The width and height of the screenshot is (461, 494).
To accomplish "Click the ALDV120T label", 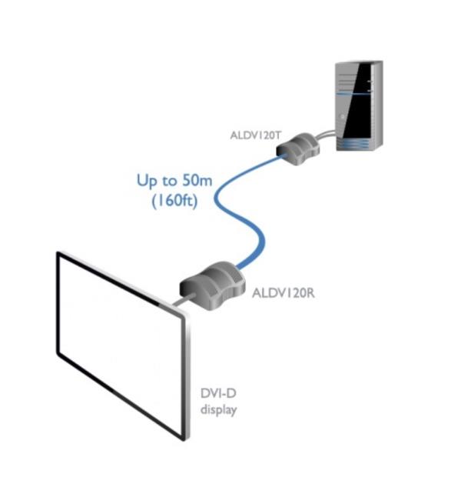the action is (x=255, y=135).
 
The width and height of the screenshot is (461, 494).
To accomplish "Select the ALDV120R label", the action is (x=284, y=293).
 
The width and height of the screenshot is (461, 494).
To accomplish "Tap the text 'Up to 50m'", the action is (x=174, y=181).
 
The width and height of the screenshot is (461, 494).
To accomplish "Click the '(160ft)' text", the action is (x=174, y=201).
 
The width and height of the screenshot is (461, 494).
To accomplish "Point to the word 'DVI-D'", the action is (x=218, y=393).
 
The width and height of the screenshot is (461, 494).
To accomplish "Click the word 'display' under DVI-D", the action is (x=218, y=410).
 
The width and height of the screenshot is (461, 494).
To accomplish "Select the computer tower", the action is (x=359, y=105).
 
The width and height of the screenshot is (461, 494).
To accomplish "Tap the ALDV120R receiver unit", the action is (x=212, y=285).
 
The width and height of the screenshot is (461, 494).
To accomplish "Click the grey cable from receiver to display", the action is (x=183, y=300).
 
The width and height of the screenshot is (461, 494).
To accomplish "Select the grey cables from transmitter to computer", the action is (x=325, y=135).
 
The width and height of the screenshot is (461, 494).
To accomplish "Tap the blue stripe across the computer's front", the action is (x=353, y=94).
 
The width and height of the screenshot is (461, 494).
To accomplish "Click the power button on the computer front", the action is (x=342, y=117).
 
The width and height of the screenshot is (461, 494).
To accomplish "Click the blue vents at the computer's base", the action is (x=353, y=145).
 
